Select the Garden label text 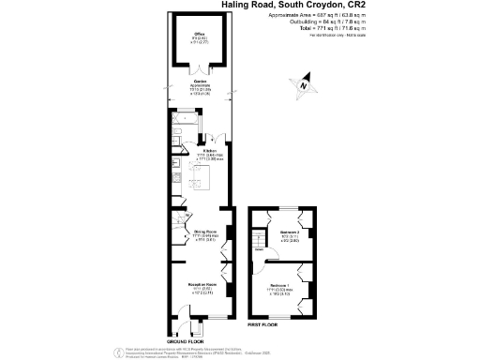click(200, 82)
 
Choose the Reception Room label click(204, 284)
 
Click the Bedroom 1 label click(278, 284)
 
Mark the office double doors click(200, 67)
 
